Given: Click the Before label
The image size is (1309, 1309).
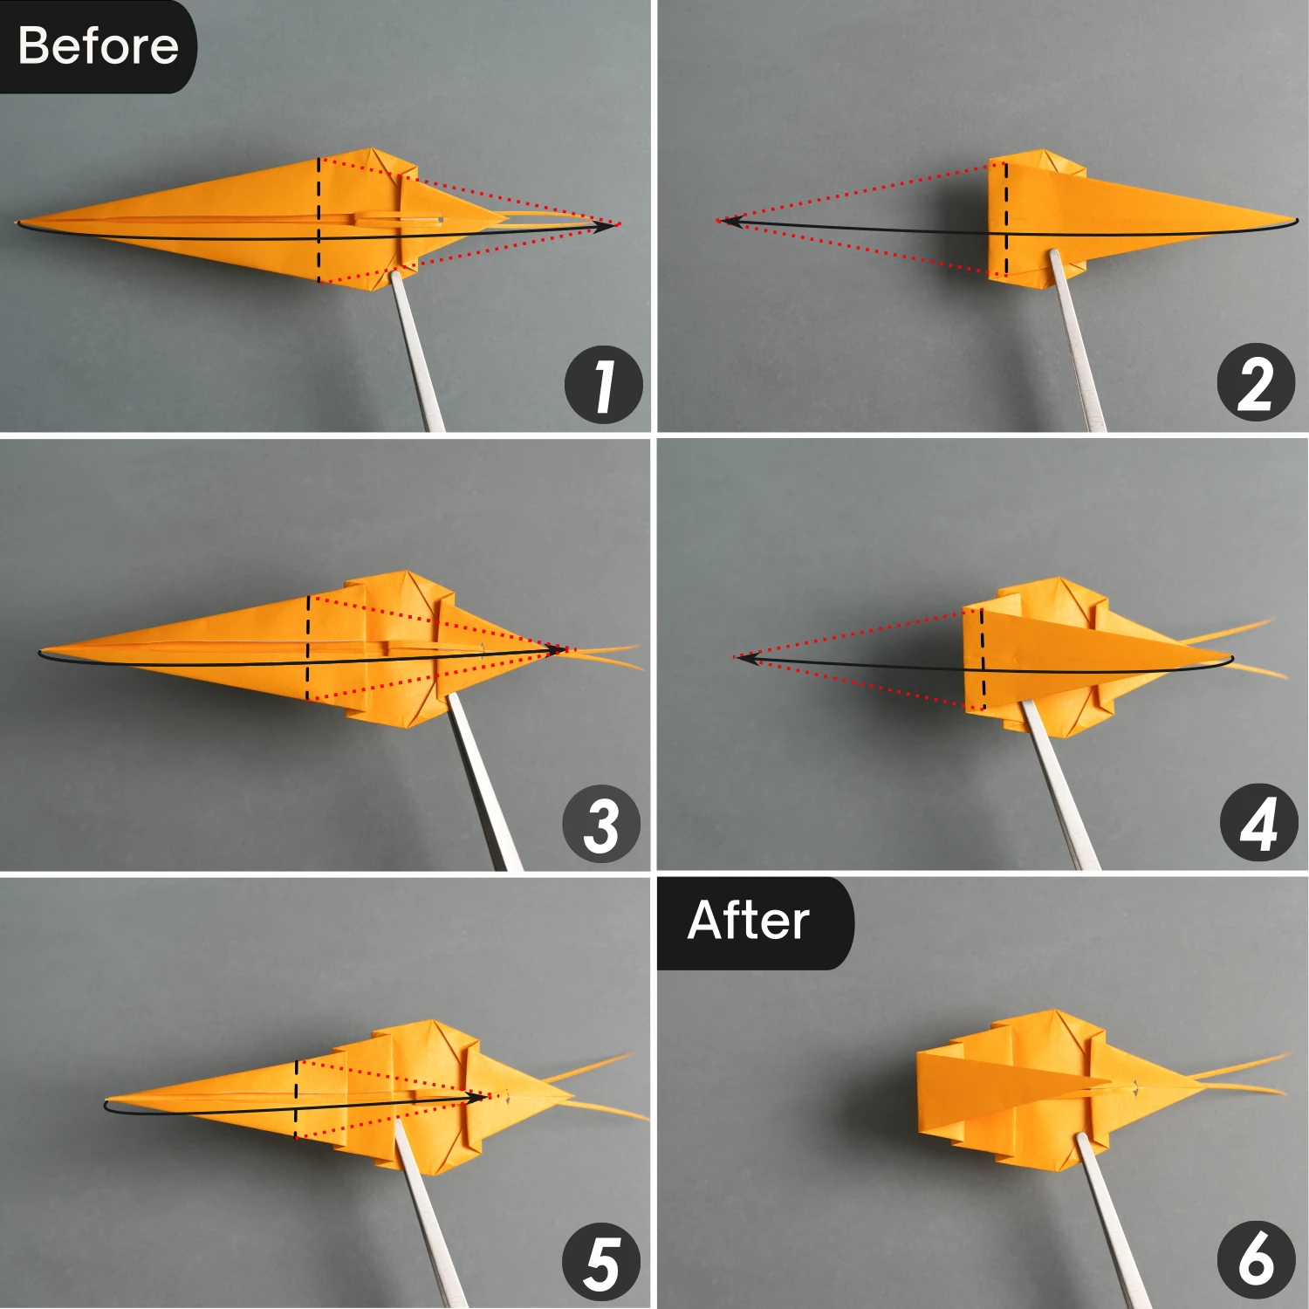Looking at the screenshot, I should coord(98,45).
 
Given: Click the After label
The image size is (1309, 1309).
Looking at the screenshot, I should coord(749,921).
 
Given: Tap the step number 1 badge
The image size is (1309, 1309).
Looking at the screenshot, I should coord(603,385).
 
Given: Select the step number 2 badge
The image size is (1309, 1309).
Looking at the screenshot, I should coord(1255,383).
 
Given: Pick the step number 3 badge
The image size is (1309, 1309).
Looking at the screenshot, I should coord(601,824).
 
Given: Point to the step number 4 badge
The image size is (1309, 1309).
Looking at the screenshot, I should coord(1258,823).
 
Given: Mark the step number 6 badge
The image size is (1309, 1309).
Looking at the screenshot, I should coord(1255,1260).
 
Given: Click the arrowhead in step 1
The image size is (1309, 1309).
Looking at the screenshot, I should coord(604,226).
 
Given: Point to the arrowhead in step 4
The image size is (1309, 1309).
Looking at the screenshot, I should coord(746,658).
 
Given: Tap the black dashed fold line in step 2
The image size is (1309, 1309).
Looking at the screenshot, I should coord(1006,218).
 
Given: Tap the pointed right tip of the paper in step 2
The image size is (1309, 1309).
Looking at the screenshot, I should coord(1295,219).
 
